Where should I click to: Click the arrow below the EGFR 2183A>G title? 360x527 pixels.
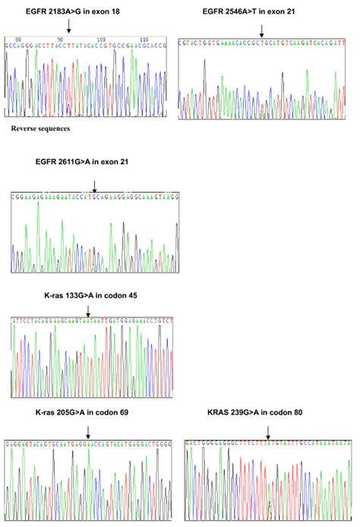click(x=69, y=27)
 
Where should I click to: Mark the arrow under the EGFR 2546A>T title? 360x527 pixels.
click(x=261, y=30)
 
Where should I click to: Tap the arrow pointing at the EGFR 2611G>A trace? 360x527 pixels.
click(x=94, y=185)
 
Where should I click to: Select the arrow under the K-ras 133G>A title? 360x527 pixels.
click(x=88, y=311)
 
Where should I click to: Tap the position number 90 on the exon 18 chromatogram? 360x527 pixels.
click(x=61, y=38)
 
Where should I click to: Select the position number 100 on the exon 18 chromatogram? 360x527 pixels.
click(x=103, y=38)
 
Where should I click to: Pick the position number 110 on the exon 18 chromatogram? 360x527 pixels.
click(x=145, y=38)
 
